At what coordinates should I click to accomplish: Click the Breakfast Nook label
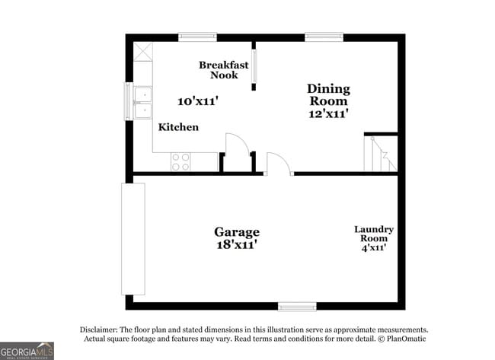224,70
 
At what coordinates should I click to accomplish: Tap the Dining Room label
327,94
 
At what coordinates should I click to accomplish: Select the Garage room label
236,232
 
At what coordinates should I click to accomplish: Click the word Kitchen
178,127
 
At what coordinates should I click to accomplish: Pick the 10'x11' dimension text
198,100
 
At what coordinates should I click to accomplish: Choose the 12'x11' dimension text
327,113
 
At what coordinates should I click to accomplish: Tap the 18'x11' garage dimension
236,245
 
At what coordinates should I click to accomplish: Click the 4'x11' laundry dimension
374,248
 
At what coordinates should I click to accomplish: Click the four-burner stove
180,161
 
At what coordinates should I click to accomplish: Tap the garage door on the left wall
133,238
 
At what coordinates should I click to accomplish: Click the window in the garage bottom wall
297,307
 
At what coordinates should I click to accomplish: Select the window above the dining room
324,37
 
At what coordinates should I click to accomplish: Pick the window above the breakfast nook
197,37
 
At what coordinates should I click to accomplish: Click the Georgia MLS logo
27,350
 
